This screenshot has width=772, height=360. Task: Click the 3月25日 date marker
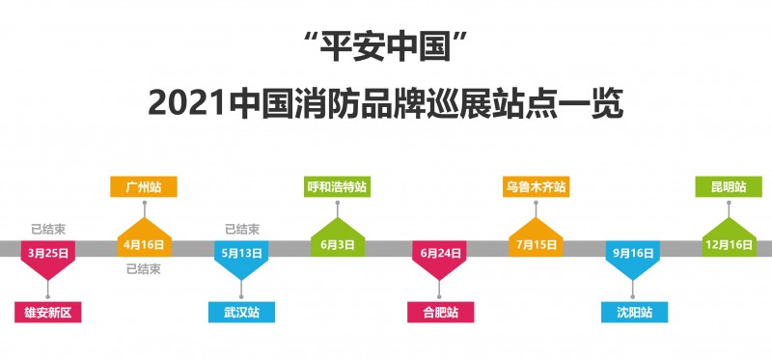47,253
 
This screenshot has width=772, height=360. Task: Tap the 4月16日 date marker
144,245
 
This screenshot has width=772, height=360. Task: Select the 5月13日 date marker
241,253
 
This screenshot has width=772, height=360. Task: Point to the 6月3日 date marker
338,245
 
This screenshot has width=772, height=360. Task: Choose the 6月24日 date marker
438,253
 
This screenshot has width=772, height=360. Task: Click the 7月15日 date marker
535,245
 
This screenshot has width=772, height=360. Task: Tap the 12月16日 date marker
728,245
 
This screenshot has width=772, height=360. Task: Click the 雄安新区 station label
48,312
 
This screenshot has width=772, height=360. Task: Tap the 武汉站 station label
241,312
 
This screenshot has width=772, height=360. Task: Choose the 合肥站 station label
440,312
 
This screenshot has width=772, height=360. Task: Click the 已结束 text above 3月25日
47,229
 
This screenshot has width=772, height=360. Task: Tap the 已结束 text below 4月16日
144,269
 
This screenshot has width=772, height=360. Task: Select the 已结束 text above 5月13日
241,229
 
